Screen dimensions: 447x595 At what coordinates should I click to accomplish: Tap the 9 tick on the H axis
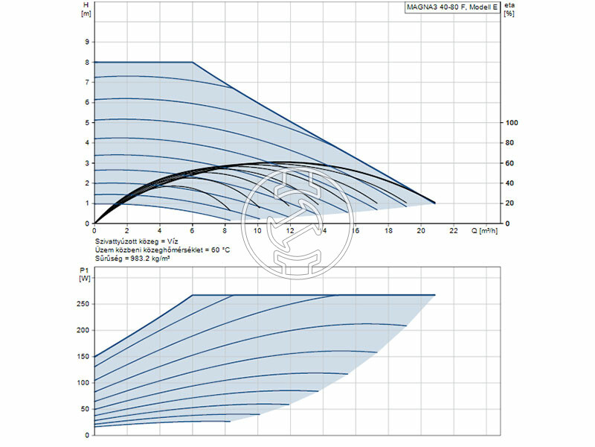tap(88, 42)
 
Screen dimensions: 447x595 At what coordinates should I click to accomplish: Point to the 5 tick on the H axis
tap(88, 122)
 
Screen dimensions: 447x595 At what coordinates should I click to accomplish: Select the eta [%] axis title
tap(509, 10)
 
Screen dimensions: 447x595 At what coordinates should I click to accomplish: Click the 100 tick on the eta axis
tap(511, 122)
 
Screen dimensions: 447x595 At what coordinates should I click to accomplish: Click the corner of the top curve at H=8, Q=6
tap(193, 63)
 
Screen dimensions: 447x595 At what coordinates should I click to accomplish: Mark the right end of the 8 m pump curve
tap(435, 203)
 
